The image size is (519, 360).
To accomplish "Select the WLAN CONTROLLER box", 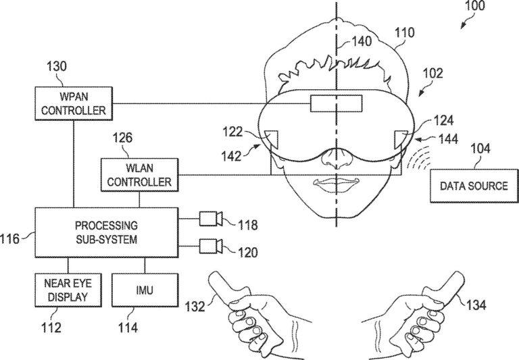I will pyautogui.click(x=139, y=174).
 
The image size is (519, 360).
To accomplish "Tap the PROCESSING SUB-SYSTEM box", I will pyautogui.click(x=107, y=232).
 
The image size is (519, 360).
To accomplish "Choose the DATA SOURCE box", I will pyautogui.click(x=473, y=185).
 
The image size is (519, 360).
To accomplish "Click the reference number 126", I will pyautogui.click(x=122, y=138).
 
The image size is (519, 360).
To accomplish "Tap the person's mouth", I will pyautogui.click(x=336, y=182).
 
